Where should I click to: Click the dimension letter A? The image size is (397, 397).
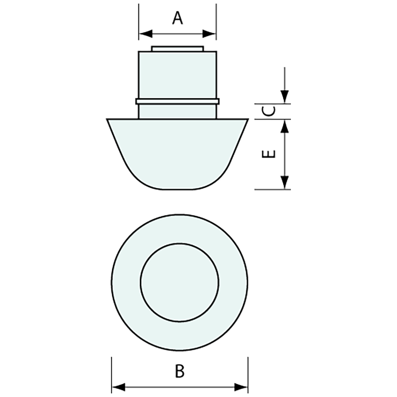coord(177,18)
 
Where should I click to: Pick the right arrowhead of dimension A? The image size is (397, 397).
coord(210,34)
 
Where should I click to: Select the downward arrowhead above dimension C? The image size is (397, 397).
coord(285,97)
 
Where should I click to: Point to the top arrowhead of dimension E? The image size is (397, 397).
coord(285,126)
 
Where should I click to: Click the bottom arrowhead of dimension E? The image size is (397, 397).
coord(285,182)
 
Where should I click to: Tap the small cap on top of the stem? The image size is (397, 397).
coord(177,49)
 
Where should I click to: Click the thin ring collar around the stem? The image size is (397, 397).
coord(177,101)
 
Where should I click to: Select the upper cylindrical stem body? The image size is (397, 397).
coord(177,75)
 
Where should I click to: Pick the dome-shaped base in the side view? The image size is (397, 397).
coord(177,152)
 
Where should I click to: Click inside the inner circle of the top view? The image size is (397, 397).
coord(179,282)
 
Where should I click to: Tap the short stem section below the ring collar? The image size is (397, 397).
coord(177,111)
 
